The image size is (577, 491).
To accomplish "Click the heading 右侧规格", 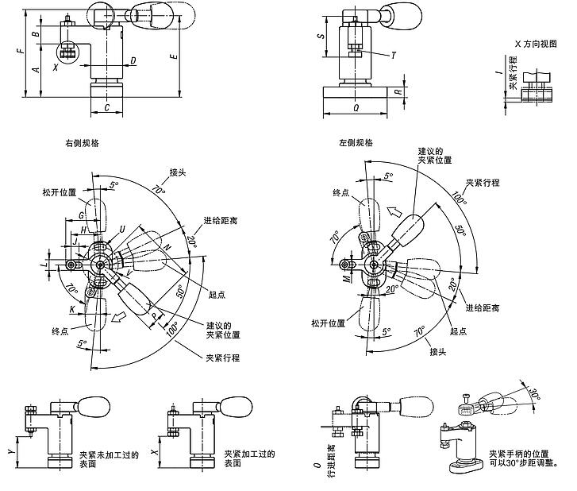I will pyautogui.click(x=82, y=144).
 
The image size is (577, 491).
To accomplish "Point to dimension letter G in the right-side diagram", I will pyautogui.click(x=81, y=215).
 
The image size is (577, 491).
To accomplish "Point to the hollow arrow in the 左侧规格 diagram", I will pyautogui.click(x=394, y=211).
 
